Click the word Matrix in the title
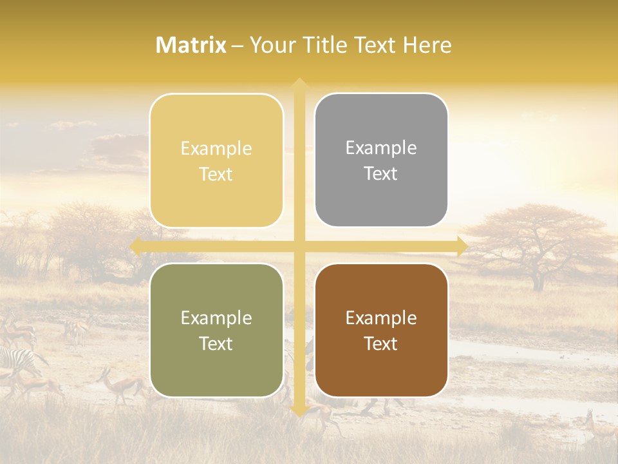(191, 45)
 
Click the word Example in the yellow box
(216, 149)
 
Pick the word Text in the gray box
(381, 174)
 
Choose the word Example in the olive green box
(216, 318)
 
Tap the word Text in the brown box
(381, 344)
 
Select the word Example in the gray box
(381, 148)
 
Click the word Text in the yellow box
(216, 175)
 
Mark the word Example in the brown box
(381, 318)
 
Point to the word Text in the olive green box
(216, 344)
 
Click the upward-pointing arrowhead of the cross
(299, 83)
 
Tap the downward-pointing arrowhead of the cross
(299, 411)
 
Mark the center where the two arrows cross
(299, 246)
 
